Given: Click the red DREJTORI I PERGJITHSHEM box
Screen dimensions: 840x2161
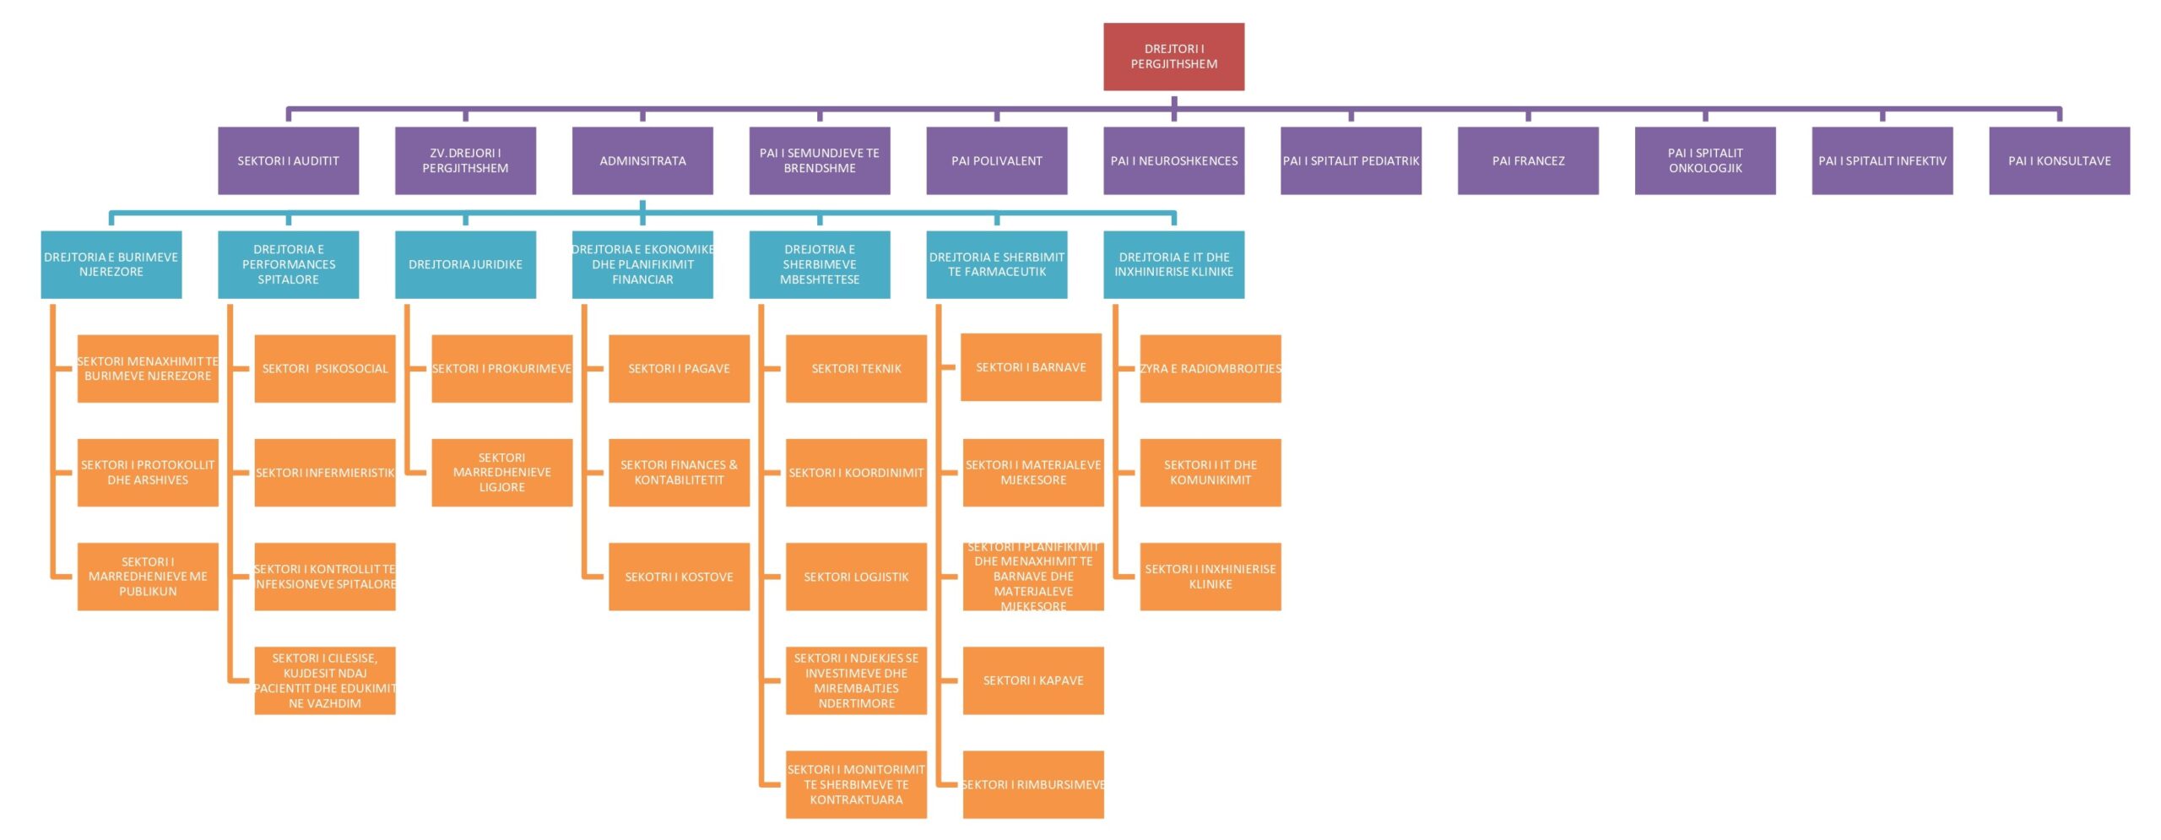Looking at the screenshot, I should coord(1173,57).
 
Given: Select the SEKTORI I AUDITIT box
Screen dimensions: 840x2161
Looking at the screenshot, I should coord(288,160).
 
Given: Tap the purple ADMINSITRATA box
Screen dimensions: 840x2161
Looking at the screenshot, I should coord(642,160).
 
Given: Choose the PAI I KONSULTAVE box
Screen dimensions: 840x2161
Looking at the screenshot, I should coord(2059,160).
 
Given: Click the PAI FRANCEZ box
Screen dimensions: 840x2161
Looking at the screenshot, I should coord(1528,160).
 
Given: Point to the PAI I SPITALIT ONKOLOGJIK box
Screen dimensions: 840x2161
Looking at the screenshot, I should coord(1705,160).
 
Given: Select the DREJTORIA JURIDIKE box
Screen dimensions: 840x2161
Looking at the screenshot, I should coord(465,264).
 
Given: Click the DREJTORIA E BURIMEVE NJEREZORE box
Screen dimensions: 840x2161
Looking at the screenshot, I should coord(111,264).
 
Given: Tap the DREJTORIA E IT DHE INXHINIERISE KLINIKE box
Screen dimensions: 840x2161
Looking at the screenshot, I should coord(1173,264).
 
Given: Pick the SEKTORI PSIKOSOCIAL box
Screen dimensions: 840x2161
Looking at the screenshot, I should coord(325,368).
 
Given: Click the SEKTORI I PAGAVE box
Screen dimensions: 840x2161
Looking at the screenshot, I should coord(679,368).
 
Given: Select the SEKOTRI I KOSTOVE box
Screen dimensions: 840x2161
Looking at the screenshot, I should coord(679,577).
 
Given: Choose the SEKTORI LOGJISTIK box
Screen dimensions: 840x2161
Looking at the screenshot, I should coord(856,577).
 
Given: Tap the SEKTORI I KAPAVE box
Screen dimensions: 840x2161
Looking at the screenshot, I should coord(1033,680).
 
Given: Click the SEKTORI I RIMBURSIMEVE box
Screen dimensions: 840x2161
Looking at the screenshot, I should coord(1033,784).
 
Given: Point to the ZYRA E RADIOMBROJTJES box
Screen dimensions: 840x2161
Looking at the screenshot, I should coord(1210,368).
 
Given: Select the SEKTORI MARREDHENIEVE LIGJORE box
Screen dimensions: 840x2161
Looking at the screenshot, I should coord(501,472).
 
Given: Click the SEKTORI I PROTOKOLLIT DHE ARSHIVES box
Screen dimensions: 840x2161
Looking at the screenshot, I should coord(148,472).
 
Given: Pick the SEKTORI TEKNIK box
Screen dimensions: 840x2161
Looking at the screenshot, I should coord(856,368).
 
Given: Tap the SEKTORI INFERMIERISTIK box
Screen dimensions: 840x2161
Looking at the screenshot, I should coord(325,472).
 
